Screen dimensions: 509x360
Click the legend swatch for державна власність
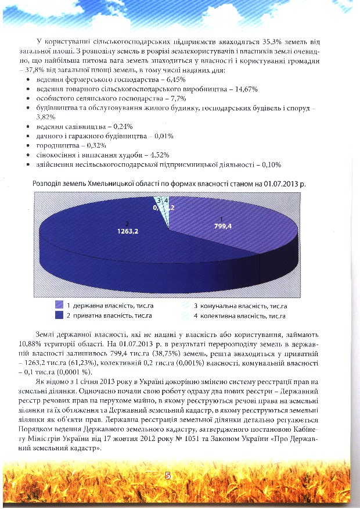coord(59,305)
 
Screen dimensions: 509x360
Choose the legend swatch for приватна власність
coord(59,316)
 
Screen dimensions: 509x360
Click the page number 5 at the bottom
coord(167,475)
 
